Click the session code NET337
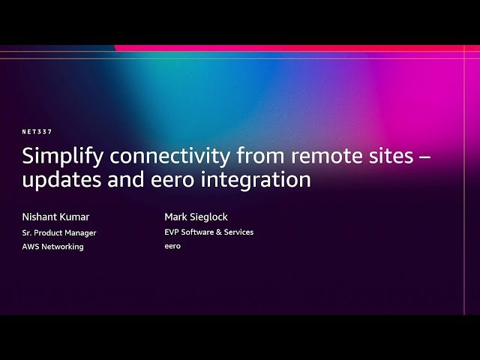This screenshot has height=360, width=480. pos(37,132)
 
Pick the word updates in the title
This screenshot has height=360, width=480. pos(61,180)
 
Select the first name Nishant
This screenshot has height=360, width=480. pos(40,217)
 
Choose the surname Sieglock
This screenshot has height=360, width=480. pos(208,217)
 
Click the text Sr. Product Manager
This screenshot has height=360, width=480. pos(59,232)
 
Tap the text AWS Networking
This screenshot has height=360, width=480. pos(52,247)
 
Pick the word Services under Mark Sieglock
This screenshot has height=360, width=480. pos(239,232)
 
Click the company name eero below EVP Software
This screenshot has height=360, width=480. pos(172,246)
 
